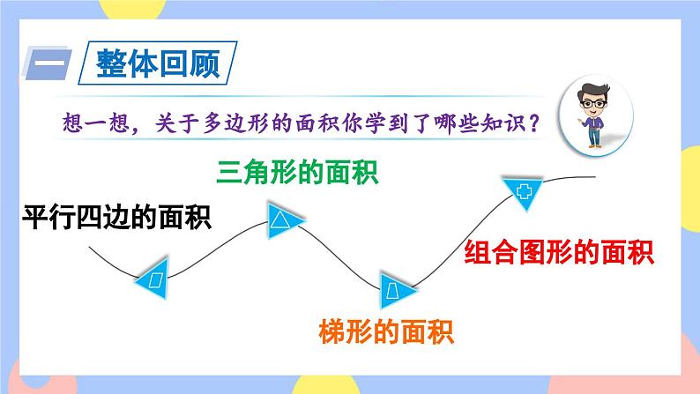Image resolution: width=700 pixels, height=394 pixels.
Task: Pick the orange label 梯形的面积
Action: point(384,334)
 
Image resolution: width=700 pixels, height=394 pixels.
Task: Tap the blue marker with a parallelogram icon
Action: point(156,279)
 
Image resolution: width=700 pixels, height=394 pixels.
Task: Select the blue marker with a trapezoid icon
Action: point(391,288)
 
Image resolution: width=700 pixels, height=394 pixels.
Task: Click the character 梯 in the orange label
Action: point(329,334)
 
